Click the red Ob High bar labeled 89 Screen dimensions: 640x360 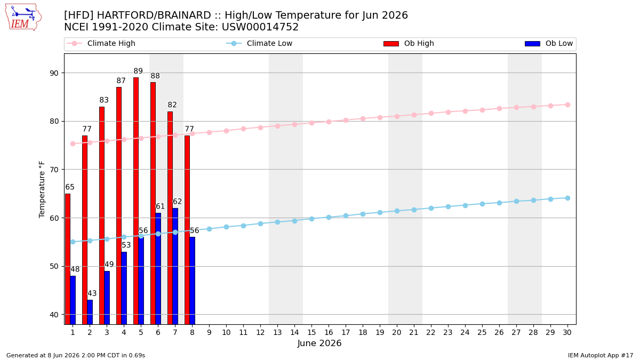pyautogui.click(x=136, y=201)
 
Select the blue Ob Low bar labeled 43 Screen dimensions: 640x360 pyautogui.click(x=90, y=312)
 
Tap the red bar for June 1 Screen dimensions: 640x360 pyautogui.click(x=68, y=259)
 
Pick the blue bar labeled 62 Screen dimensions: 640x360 pyautogui.click(x=175, y=266)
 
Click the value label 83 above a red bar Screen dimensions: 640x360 pyautogui.click(x=104, y=100)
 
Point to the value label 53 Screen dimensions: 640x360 pyautogui.click(x=126, y=245)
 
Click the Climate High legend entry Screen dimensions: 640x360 pyautogui.click(x=101, y=43)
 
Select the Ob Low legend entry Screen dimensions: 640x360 pyautogui.click(x=549, y=43)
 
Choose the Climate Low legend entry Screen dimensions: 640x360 pyautogui.click(x=259, y=43)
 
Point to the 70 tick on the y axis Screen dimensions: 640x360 pyautogui.click(x=54, y=170)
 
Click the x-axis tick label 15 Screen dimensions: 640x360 pyautogui.click(x=311, y=332)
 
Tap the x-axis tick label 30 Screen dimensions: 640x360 pyautogui.click(x=567, y=332)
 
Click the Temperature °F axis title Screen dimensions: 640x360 pyautogui.click(x=42, y=189)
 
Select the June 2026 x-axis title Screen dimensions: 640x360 pyautogui.click(x=319, y=343)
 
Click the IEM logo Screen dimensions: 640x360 pyautogui.click(x=23, y=17)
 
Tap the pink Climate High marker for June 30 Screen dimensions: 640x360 pyautogui.click(x=567, y=105)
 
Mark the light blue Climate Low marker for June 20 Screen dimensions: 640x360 pyautogui.click(x=397, y=211)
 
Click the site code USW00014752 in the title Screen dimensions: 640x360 pyautogui.click(x=260, y=27)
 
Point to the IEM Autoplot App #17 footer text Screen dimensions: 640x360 pyautogui.click(x=601, y=355)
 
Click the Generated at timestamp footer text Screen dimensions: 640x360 pyautogui.click(x=76, y=355)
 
